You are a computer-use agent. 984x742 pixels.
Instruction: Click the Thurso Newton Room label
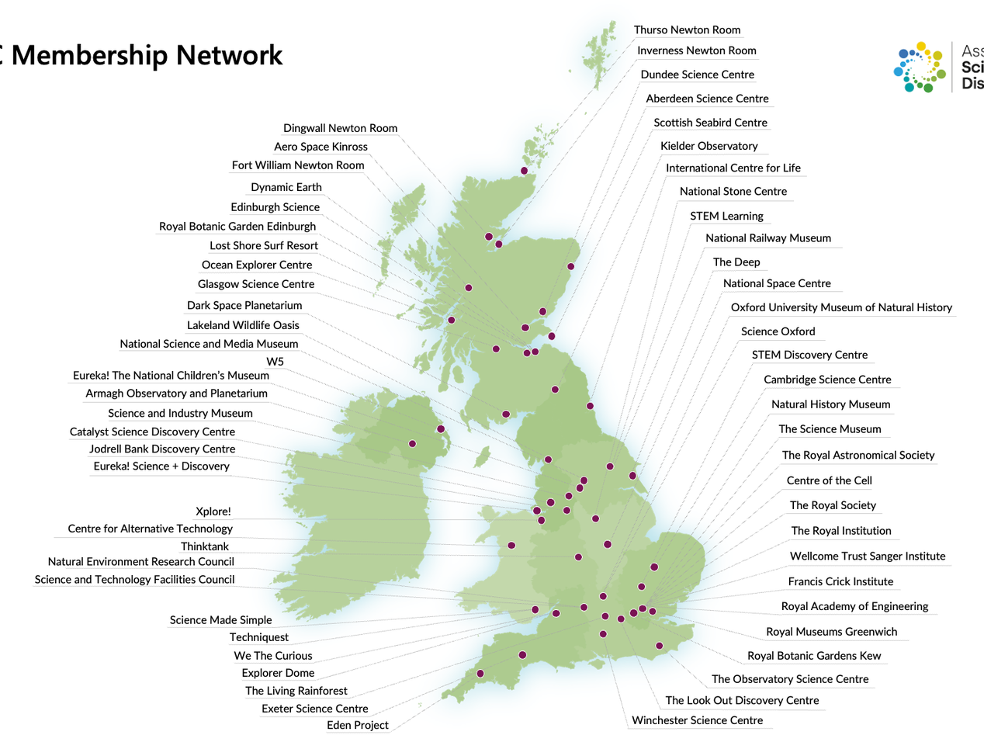[687, 30]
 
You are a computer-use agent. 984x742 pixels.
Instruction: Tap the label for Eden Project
[357, 726]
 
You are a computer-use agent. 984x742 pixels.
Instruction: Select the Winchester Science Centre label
[697, 721]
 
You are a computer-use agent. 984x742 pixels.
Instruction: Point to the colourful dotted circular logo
[920, 68]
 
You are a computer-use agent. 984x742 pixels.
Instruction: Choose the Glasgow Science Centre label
[256, 285]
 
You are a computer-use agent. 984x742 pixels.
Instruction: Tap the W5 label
[275, 362]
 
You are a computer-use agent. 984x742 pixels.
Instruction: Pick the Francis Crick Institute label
[840, 582]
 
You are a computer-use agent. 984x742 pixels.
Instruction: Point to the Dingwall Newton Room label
[340, 129]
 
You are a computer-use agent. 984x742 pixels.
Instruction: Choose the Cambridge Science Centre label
[827, 380]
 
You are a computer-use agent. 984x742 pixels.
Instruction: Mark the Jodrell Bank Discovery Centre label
[162, 449]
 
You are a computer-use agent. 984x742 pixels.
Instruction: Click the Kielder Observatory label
[709, 147]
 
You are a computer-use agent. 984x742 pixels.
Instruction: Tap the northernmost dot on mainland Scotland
[524, 171]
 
